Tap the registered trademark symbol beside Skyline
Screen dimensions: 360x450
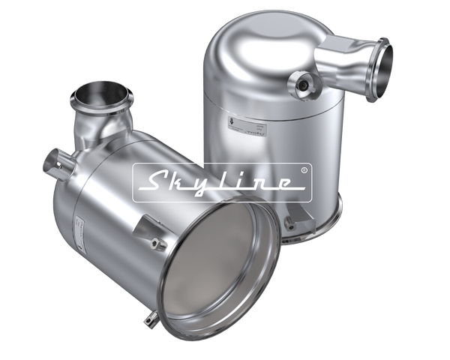(303, 170)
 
